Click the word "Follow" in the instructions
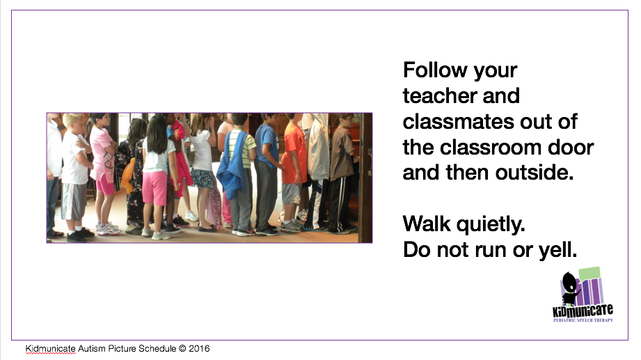coord(429,71)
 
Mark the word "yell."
coord(555,250)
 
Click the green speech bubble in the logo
coord(589,274)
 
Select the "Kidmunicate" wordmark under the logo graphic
coord(583,311)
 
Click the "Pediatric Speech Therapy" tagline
coord(583,321)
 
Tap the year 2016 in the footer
coord(198,348)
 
